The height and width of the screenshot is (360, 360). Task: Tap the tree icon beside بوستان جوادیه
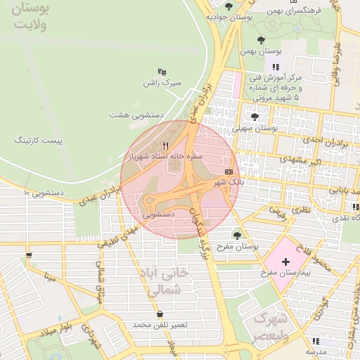228,6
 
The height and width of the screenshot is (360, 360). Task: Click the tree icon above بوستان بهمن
261,40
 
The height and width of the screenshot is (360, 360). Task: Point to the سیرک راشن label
162,82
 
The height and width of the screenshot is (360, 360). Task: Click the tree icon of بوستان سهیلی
255,117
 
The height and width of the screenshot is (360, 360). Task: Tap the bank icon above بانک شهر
229,172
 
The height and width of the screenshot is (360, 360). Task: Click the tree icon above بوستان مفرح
236,236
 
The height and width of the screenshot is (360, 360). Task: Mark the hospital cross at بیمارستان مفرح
285,262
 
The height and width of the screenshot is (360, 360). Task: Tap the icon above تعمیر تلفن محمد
160,314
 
